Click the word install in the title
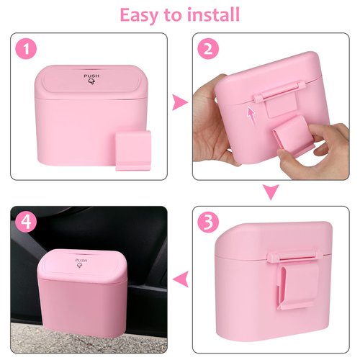(212, 14)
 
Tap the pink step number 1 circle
(27, 50)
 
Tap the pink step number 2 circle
(209, 50)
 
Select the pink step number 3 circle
(209, 223)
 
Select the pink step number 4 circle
(27, 223)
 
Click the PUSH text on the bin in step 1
(91, 76)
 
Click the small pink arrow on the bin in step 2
(250, 113)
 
